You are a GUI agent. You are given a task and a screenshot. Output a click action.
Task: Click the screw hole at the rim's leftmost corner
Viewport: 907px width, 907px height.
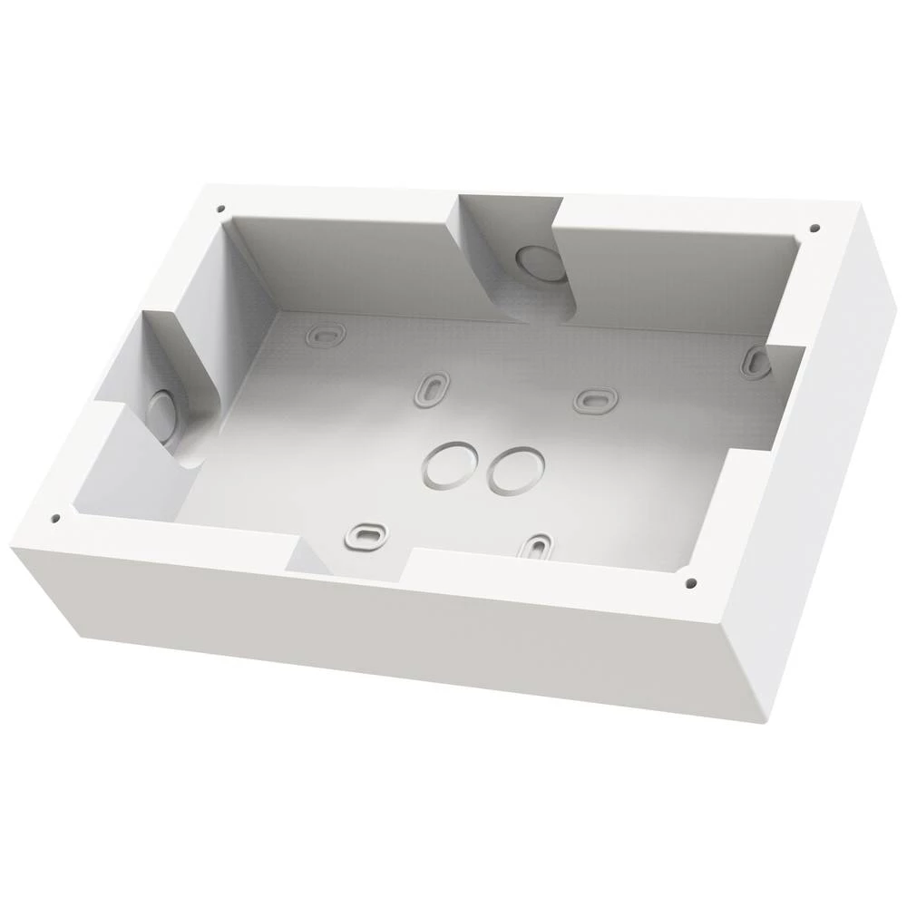55,519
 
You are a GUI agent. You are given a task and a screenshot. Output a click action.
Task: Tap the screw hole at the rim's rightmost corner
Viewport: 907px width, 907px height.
814,228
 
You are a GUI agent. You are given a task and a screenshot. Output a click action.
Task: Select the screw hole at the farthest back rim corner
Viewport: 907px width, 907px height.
220,208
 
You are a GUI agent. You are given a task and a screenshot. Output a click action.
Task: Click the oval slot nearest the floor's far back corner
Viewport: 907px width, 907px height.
325,336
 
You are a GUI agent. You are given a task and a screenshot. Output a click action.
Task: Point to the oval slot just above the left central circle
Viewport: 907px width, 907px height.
432,387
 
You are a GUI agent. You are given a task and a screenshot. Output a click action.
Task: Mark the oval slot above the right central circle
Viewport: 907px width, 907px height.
595,399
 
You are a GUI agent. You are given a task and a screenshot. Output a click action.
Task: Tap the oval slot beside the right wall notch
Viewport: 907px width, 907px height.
755,362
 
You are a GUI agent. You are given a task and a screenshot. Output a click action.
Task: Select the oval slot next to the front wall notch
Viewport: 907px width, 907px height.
366,534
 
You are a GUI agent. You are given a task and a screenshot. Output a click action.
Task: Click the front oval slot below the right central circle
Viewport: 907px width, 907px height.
537,547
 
